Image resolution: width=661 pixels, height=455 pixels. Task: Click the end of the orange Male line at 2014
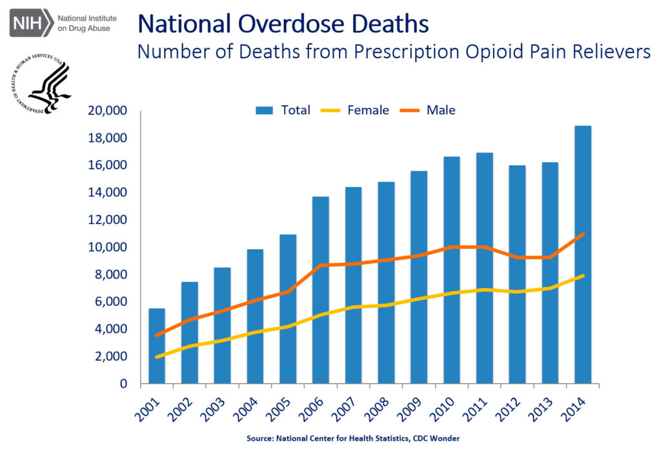coord(583,234)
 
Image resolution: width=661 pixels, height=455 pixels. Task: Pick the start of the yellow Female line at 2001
coord(156,357)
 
